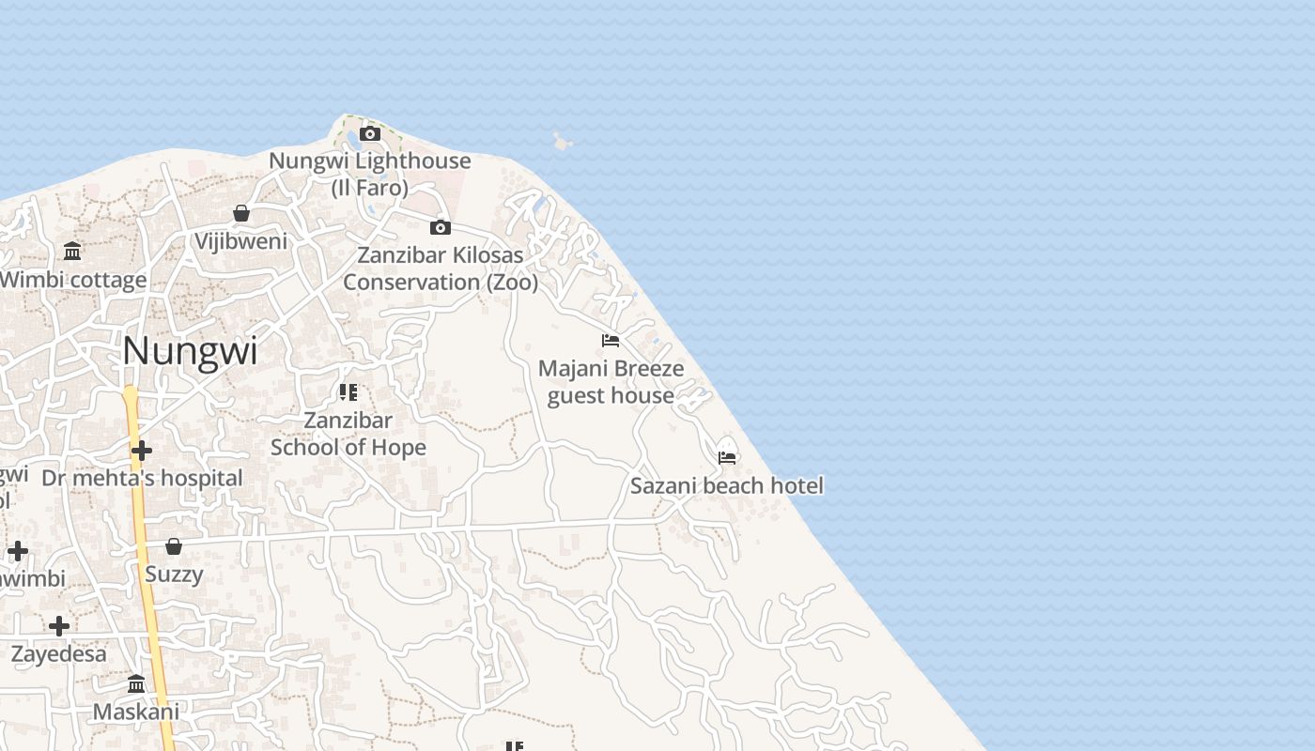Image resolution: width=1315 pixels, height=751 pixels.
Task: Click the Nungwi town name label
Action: [190, 351]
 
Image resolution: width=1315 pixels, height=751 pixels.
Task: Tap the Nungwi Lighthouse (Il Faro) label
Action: [370, 174]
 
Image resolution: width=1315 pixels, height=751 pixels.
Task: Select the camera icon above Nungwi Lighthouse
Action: [370, 134]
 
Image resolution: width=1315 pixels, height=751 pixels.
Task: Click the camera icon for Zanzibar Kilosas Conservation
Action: [440, 227]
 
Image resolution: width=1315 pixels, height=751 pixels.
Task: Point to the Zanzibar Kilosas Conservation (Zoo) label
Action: [441, 268]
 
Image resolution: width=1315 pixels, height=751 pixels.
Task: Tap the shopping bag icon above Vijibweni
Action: [241, 213]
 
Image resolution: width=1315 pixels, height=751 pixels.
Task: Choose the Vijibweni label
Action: [241, 241]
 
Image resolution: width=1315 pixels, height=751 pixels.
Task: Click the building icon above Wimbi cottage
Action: [72, 251]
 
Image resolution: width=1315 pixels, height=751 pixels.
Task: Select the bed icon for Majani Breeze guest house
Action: [611, 341]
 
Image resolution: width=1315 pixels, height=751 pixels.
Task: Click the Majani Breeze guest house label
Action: [611, 382]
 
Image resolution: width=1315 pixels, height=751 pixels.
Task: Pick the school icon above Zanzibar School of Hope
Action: [348, 392]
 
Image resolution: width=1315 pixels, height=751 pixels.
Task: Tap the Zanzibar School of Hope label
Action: [348, 434]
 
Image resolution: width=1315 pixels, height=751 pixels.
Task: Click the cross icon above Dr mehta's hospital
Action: [142, 452]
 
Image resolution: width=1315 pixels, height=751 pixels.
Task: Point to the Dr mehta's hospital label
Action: [142, 478]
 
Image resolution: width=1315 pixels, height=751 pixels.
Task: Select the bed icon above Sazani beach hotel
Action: [727, 458]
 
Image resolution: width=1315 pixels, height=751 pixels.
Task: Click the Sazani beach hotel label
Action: [727, 485]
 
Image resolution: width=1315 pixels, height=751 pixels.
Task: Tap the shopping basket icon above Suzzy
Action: [174, 546]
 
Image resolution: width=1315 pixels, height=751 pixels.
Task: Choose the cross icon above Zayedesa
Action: [59, 626]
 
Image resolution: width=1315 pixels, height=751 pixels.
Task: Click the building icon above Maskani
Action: [136, 683]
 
